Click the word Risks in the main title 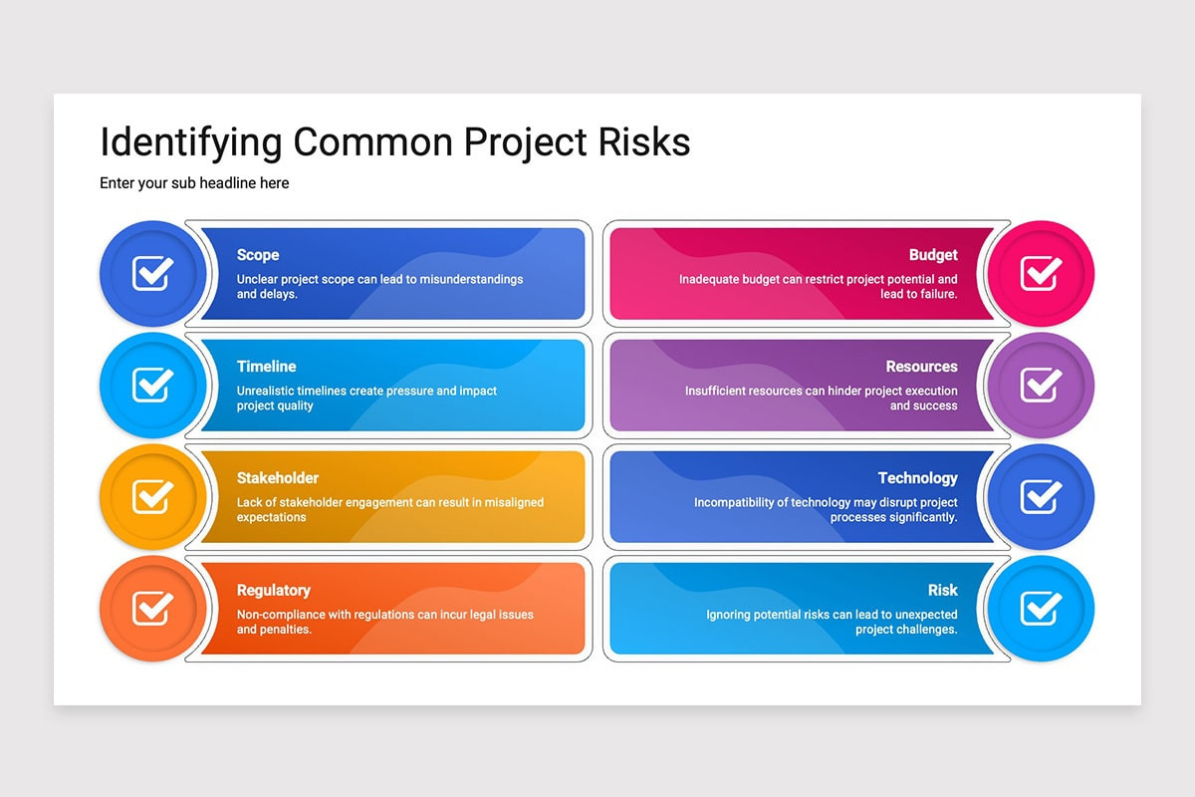click(x=644, y=142)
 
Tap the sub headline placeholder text click(x=194, y=183)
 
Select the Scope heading click(x=258, y=255)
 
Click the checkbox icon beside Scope click(x=153, y=273)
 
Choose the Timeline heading click(x=266, y=367)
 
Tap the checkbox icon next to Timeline click(x=153, y=385)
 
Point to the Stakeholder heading click(x=278, y=478)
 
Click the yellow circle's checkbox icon click(x=153, y=496)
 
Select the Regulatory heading click(x=273, y=591)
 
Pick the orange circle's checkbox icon click(x=153, y=609)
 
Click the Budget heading click(x=933, y=255)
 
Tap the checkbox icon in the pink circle click(x=1041, y=273)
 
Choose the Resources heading click(x=921, y=367)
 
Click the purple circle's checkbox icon click(x=1041, y=385)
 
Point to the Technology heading click(x=917, y=478)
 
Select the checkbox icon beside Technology click(x=1041, y=496)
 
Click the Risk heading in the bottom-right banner click(x=943, y=590)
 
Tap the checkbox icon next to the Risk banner click(x=1041, y=609)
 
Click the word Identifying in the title click(x=191, y=143)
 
